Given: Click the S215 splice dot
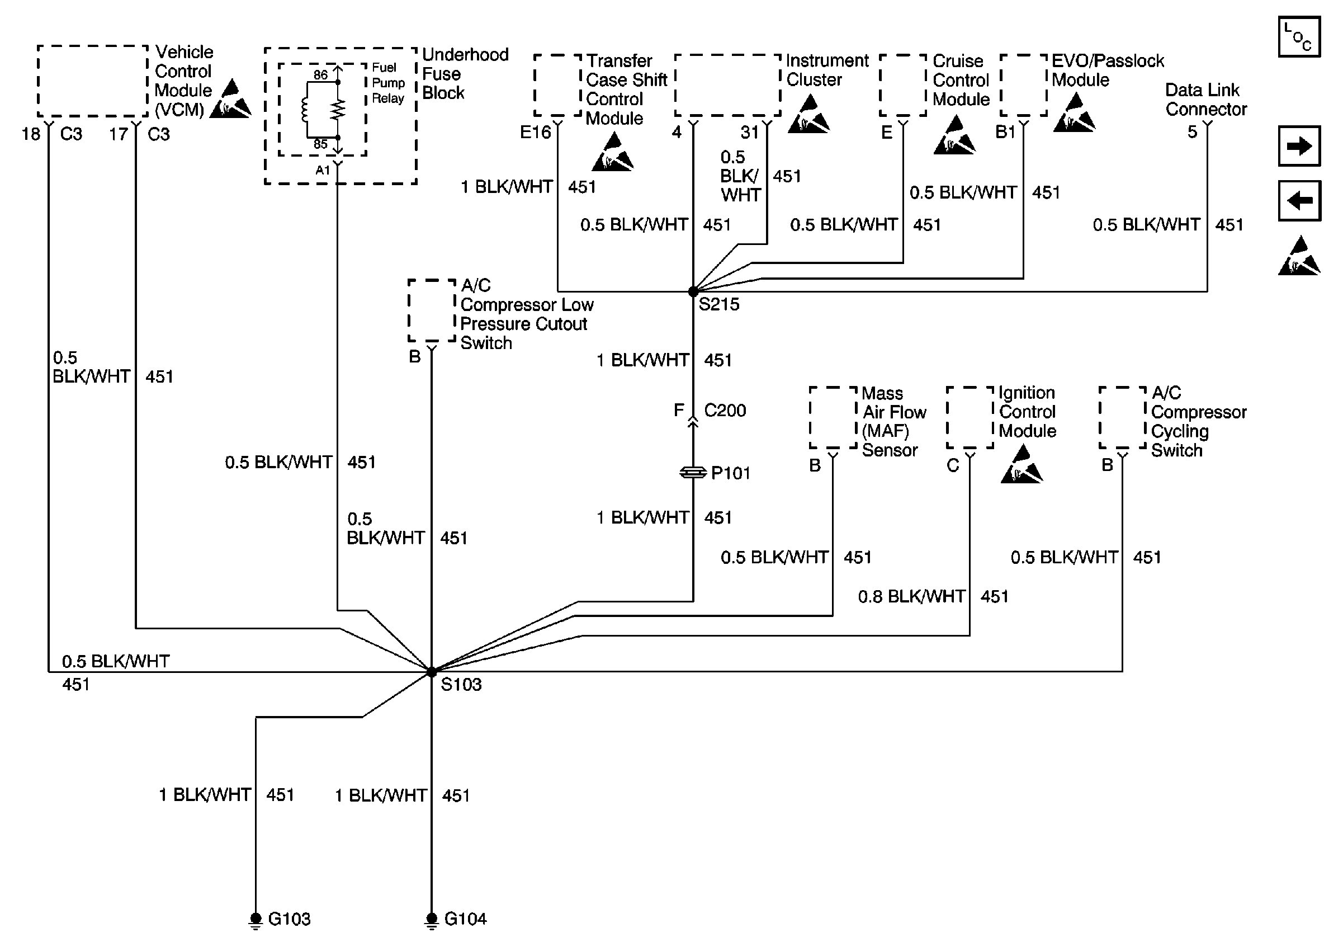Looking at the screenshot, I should pyautogui.click(x=693, y=291).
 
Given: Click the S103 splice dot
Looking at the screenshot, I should pyautogui.click(x=432, y=672).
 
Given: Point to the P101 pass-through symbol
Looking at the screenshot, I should pyautogui.click(x=693, y=472).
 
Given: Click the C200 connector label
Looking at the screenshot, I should pyautogui.click(x=725, y=411).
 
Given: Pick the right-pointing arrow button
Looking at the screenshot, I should pyautogui.click(x=1299, y=145).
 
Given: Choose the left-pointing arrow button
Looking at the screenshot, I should pyautogui.click(x=1299, y=201).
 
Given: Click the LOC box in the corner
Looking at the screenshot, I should pyautogui.click(x=1299, y=36).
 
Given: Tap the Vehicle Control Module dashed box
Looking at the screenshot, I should pyautogui.click(x=92, y=81).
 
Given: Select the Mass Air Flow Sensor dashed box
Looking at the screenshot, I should pyautogui.click(x=833, y=418).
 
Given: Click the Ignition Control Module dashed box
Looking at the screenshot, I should pyautogui.click(x=970, y=418).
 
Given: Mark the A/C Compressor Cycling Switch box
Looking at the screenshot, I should pyautogui.click(x=1122, y=418).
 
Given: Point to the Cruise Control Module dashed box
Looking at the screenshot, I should pyautogui.click(x=903, y=86).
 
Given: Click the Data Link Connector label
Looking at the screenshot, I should pyautogui.click(x=1205, y=100).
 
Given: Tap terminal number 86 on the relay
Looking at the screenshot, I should pyautogui.click(x=320, y=75).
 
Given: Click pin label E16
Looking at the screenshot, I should pyautogui.click(x=535, y=133).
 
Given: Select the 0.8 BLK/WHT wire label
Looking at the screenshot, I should pyautogui.click(x=911, y=597).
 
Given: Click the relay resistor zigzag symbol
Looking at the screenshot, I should pyautogui.click(x=338, y=110).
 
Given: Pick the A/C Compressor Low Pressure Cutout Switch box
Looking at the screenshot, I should pyautogui.click(x=432, y=310).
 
